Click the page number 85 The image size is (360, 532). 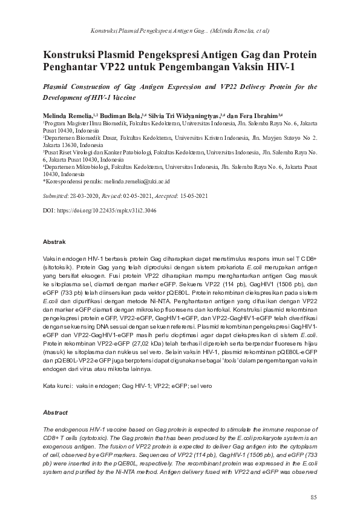tap(313, 498)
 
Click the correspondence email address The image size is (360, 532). tap(139, 180)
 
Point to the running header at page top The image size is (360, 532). tap(180, 30)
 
